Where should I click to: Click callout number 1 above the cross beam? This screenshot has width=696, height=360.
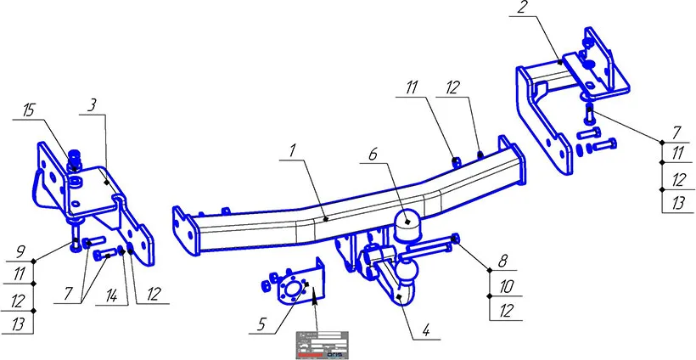tap(291, 151)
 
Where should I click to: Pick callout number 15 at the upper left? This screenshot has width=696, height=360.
tap(29, 110)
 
